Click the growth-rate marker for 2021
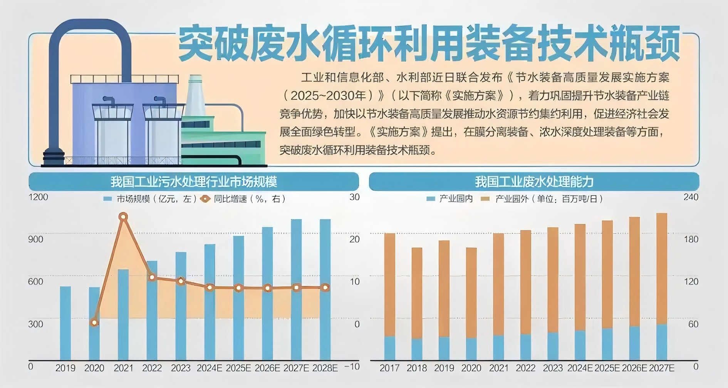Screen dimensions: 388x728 (123, 217)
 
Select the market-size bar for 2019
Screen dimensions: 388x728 (65, 323)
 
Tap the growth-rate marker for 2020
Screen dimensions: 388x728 (94, 323)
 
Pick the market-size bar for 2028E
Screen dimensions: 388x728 (325, 289)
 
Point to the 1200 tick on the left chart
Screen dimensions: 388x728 (38, 197)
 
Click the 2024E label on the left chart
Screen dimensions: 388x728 (209, 368)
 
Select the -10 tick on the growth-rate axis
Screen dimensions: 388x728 (352, 366)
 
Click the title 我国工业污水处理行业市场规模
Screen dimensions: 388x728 (193, 182)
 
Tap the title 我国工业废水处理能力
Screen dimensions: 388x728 (534, 182)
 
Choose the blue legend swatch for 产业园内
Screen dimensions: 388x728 (431, 199)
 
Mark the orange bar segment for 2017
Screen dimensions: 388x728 (389, 285)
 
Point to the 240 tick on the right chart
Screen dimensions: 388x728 (691, 197)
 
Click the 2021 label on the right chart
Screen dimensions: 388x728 (498, 368)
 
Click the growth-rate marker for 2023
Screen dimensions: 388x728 (181, 281)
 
